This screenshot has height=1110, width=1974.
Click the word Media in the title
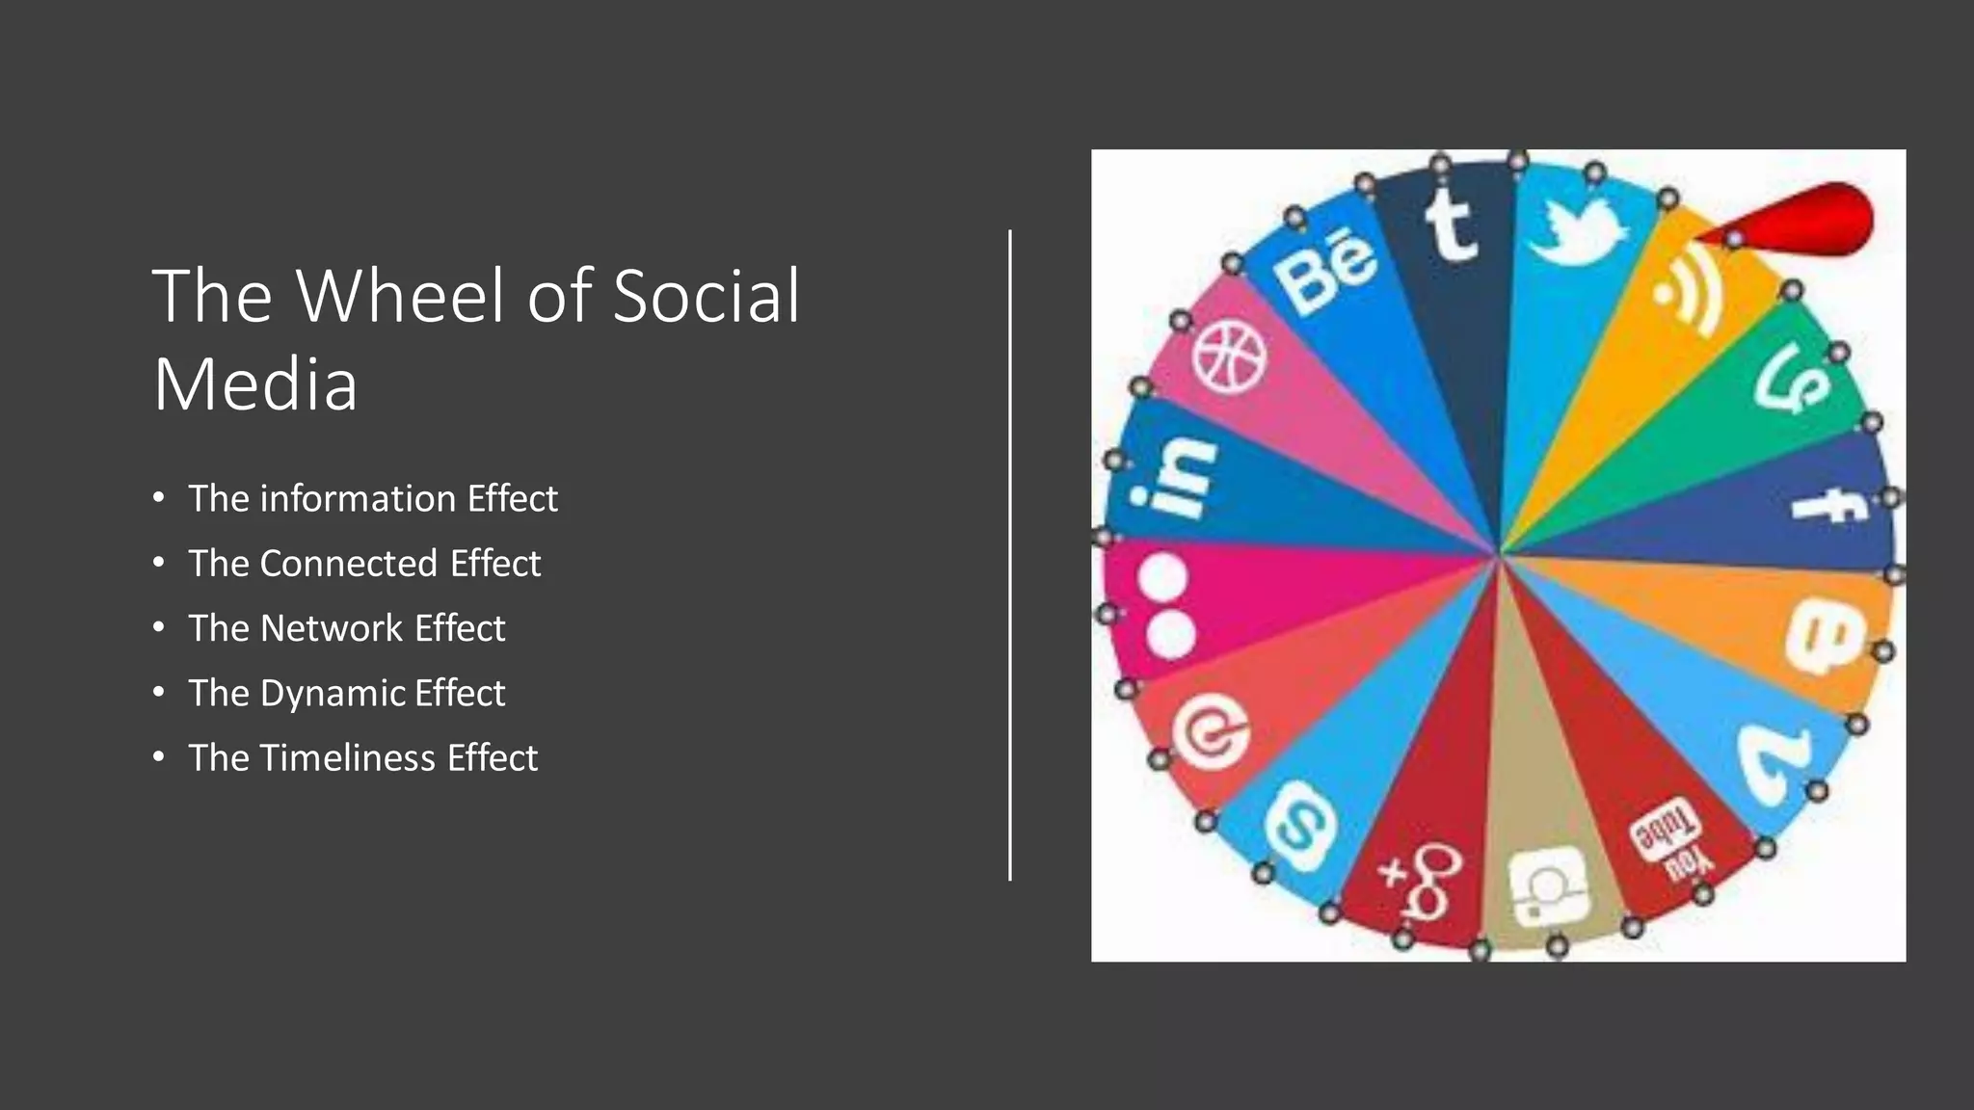pyautogui.click(x=255, y=383)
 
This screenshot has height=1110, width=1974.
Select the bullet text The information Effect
pyautogui.click(x=372, y=499)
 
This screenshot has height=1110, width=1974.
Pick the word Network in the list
pyautogui.click(x=332, y=628)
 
